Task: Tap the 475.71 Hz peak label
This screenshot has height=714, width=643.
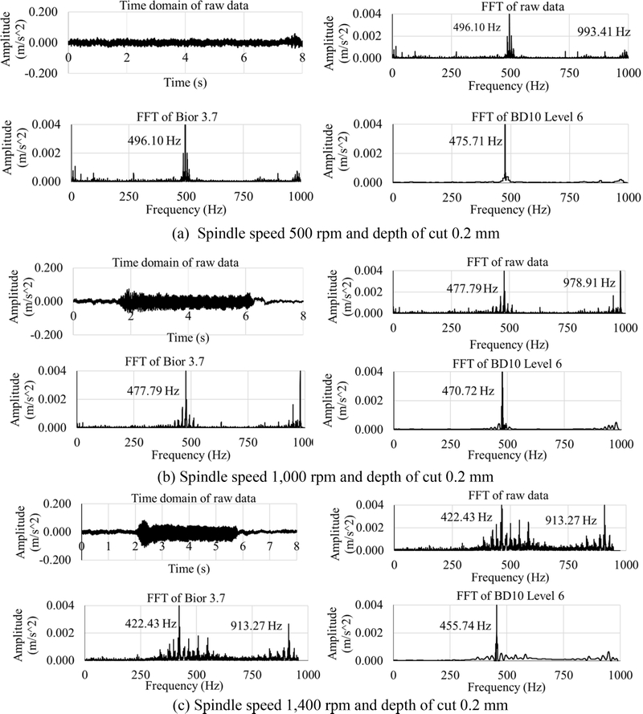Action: pos(476,141)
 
